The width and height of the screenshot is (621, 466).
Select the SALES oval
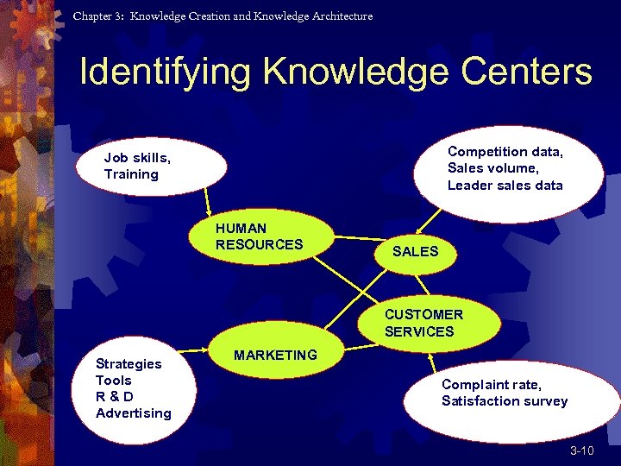(416, 252)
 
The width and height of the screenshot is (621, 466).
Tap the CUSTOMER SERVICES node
(423, 323)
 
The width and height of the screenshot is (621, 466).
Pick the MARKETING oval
(275, 355)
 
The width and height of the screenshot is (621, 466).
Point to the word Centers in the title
(527, 72)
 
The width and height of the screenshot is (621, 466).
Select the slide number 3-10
(581, 451)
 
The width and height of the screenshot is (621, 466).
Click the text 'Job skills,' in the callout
(137, 158)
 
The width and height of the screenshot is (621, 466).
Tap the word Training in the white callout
(131, 174)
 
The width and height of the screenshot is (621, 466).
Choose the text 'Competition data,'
(505, 152)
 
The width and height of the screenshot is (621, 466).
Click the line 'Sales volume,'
(492, 168)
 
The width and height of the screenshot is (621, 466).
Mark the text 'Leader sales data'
(505, 185)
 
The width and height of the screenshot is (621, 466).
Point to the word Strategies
(129, 363)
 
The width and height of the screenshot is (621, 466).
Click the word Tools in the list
(114, 380)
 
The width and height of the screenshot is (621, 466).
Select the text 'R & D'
(115, 396)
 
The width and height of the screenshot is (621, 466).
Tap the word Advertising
(134, 412)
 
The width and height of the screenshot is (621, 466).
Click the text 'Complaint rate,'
(491, 384)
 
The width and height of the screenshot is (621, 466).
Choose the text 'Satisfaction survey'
(505, 400)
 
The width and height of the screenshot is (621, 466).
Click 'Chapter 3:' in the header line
(98, 16)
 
